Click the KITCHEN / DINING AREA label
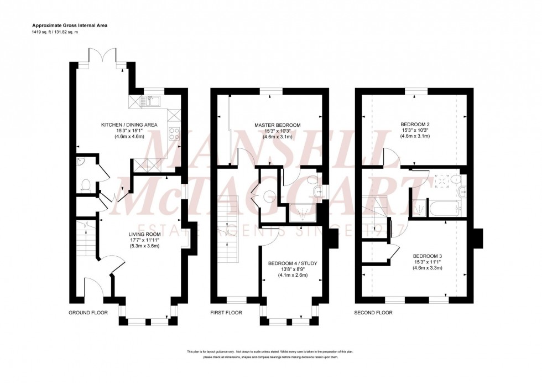[x=129, y=125]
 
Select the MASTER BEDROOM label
[x=277, y=125]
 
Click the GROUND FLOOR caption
[x=86, y=313]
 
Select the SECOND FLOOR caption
[x=373, y=313]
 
